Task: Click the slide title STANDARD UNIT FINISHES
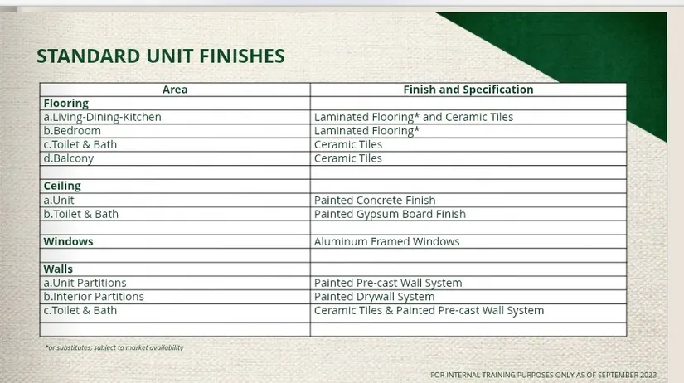coord(161,56)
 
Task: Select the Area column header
coord(175,90)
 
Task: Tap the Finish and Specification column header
coord(468,90)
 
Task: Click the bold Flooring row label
coord(65,104)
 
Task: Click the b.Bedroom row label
coord(72,131)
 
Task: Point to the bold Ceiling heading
coord(62,186)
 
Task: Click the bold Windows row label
coord(68,241)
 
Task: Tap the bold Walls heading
coord(58,269)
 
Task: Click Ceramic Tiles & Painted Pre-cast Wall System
coord(429,311)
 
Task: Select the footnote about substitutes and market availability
coord(114,347)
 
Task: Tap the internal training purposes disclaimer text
coord(543,375)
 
